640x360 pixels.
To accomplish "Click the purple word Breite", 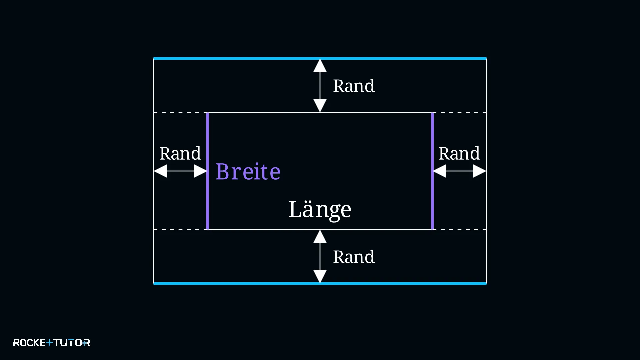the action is pos(248,172).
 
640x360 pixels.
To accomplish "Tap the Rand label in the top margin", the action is pos(354,86).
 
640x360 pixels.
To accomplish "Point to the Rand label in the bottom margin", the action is pos(354,257).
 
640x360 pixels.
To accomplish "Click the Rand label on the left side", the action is pos(180,154).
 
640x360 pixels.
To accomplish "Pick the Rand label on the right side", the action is pos(459,154).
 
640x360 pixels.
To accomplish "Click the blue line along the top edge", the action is pos(320,59).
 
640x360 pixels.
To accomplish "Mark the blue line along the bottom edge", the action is pos(320,284).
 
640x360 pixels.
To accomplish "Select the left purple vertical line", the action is pos(207,171).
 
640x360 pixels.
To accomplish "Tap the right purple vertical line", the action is pos(433,171).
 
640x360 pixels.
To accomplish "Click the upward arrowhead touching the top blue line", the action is pos(320,66).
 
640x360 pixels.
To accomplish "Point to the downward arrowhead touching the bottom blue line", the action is pos(320,277).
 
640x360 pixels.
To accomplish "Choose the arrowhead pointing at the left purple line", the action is pos(201,171).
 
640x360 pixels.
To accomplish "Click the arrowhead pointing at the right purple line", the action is pos(439,171).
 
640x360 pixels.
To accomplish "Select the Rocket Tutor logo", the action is pos(52,343).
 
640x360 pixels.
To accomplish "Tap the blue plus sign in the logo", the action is pos(49,342).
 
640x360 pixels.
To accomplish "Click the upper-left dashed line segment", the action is pos(180,113).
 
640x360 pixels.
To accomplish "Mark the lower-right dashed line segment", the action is pos(460,230).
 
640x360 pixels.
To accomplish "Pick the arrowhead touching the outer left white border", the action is pos(160,171).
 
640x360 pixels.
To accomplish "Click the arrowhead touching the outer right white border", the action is pos(480,171).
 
